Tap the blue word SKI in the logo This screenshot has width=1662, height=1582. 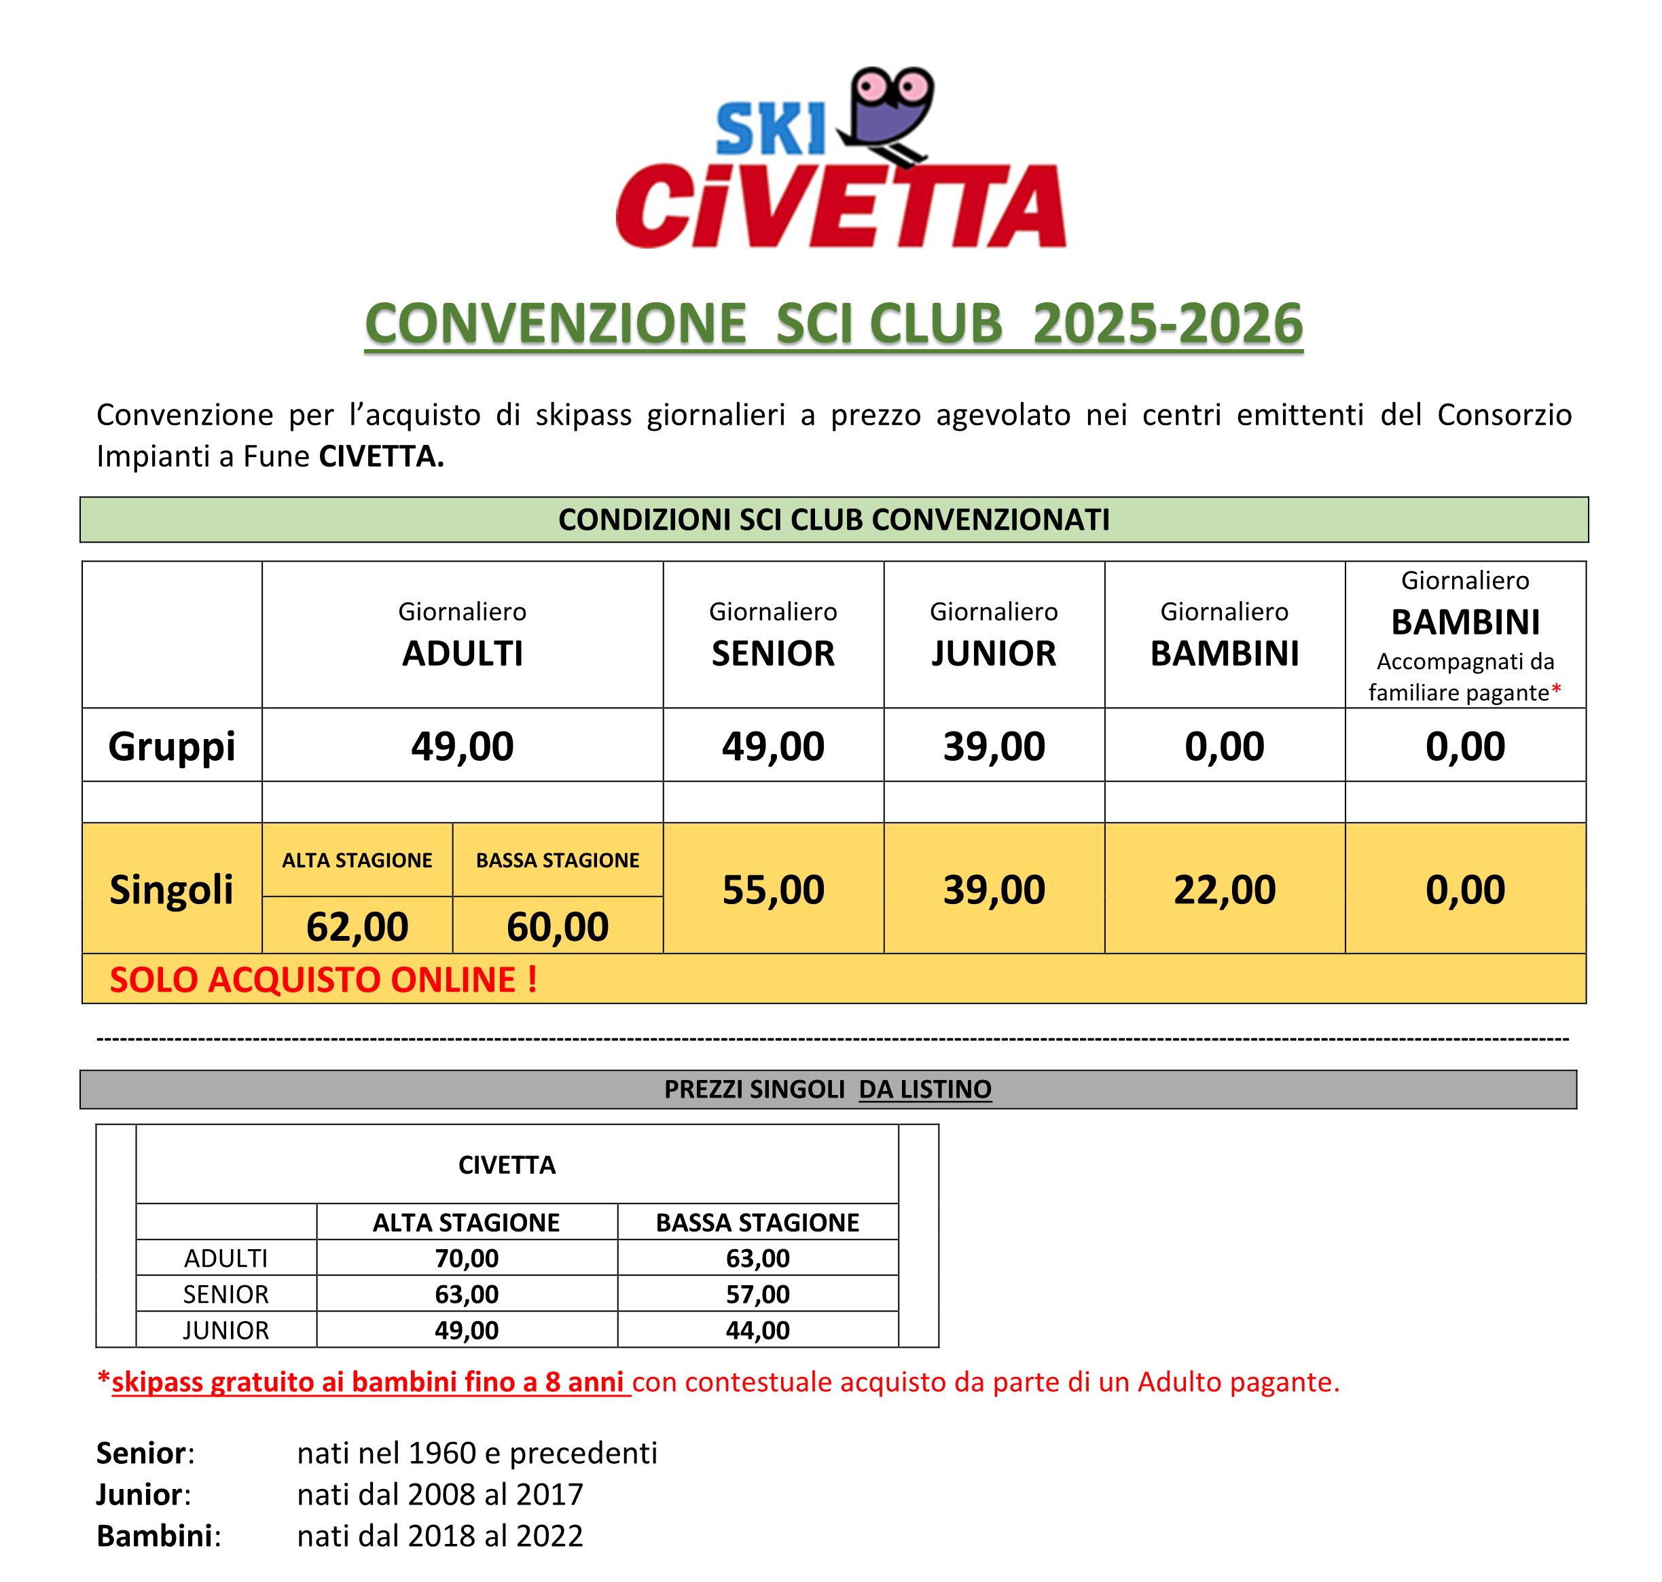769,130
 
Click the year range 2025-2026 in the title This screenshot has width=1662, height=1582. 1167,324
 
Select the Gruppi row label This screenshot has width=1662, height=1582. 171,747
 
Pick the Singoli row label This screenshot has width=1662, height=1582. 171,890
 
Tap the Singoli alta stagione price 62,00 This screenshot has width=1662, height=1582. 357,927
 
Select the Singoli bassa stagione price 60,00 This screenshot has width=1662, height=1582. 558,927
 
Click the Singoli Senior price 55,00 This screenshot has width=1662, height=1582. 772,890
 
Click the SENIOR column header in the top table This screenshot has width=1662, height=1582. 772,653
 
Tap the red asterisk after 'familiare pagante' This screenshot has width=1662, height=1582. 1556,691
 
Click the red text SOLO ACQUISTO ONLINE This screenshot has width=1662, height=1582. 323,980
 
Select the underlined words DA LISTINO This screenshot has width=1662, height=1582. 924,1090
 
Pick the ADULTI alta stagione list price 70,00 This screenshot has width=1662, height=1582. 467,1258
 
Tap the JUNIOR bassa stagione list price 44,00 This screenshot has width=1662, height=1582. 757,1330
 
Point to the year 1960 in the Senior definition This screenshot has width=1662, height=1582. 442,1453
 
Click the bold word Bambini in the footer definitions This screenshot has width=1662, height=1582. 154,1536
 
